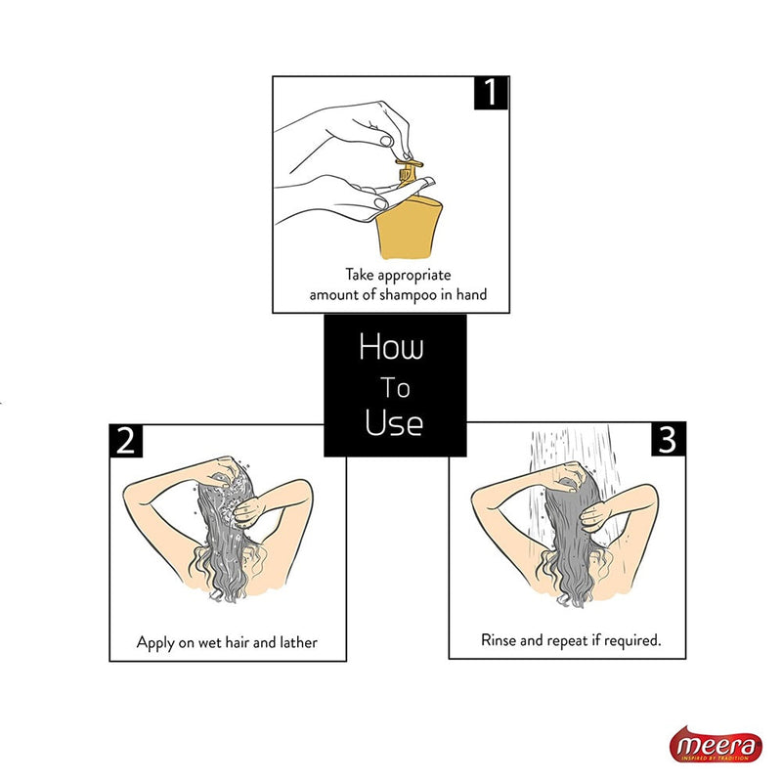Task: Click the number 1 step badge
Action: (491, 93)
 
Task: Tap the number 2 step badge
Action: (126, 441)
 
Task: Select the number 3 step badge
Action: (667, 441)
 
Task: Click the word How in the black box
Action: (390, 347)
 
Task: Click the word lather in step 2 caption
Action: (295, 643)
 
